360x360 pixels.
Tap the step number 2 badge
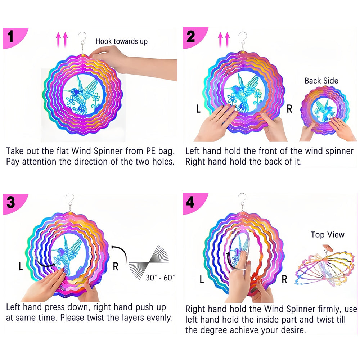click(x=191, y=37)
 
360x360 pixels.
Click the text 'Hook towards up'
click(x=121, y=41)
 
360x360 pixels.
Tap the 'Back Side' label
click(x=321, y=81)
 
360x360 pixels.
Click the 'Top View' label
click(x=328, y=235)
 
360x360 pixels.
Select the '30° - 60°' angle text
click(x=161, y=278)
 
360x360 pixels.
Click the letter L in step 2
click(x=198, y=109)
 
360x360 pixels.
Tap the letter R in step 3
click(x=116, y=266)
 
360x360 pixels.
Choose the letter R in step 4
click(x=284, y=279)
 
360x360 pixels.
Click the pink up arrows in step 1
click(x=62, y=40)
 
